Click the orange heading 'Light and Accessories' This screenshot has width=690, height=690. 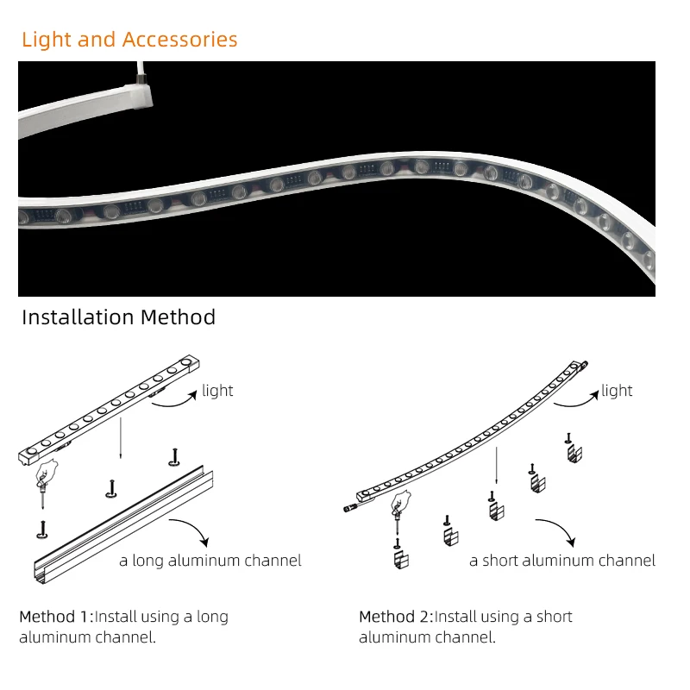pyautogui.click(x=129, y=40)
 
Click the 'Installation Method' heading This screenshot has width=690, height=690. pyautogui.click(x=118, y=317)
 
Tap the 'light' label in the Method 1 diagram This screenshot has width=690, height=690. pyautogui.click(x=217, y=391)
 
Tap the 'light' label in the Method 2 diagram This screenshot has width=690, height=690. pyautogui.click(x=617, y=391)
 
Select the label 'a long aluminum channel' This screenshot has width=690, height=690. pyautogui.click(x=210, y=561)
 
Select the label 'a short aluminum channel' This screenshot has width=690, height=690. pyautogui.click(x=562, y=561)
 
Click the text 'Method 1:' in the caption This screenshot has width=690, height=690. pyautogui.click(x=56, y=617)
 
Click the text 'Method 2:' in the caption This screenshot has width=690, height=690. pyautogui.click(x=396, y=617)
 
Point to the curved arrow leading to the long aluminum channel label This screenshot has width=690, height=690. pyautogui.click(x=191, y=530)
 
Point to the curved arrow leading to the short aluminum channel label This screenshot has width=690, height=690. pyautogui.click(x=554, y=530)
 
